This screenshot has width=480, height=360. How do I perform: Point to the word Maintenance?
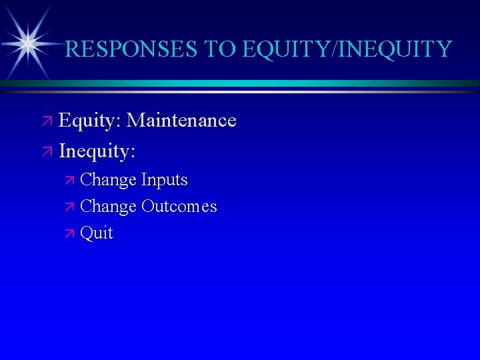[x=181, y=121]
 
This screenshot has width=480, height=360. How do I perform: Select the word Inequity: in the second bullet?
[x=97, y=151]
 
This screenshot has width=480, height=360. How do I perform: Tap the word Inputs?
[x=165, y=180]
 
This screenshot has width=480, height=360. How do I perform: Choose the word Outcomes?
[x=179, y=207]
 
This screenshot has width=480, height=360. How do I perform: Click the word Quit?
[x=97, y=234]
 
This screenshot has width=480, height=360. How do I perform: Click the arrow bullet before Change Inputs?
[x=71, y=181]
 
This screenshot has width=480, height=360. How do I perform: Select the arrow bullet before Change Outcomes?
[x=71, y=207]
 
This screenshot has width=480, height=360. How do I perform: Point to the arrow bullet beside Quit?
[x=71, y=234]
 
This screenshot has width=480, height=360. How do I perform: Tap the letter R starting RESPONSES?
[x=73, y=49]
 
